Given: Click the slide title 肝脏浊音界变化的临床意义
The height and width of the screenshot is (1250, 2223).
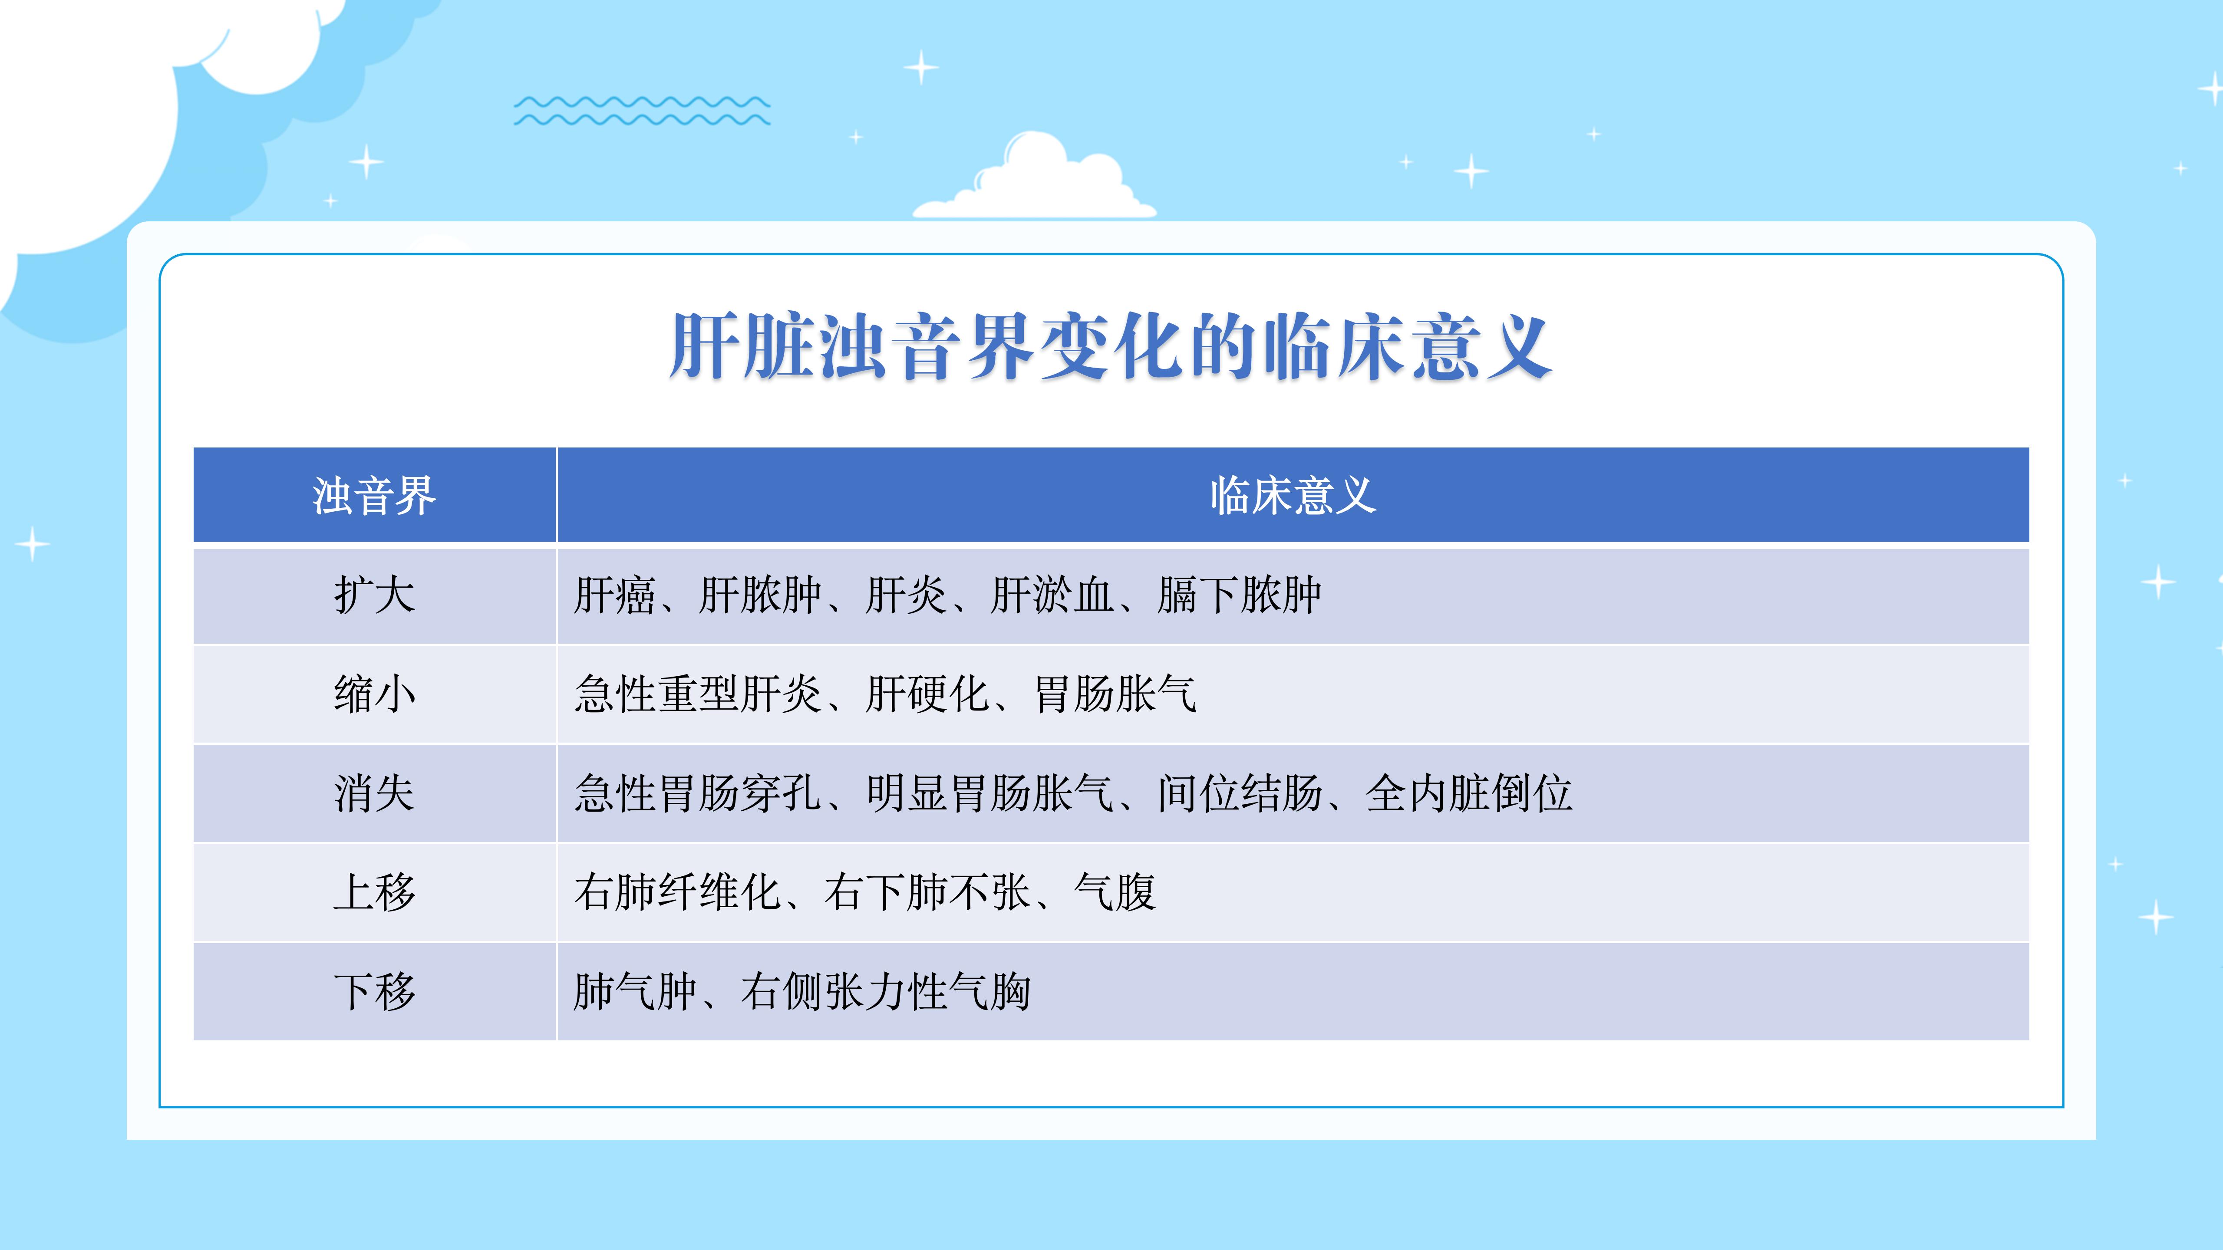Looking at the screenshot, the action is [1111, 347].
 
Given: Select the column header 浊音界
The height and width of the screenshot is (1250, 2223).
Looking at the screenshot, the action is [375, 496].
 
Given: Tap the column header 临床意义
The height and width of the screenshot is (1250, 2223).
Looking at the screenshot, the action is [1293, 496].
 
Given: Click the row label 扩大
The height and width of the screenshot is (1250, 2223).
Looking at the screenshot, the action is [375, 595].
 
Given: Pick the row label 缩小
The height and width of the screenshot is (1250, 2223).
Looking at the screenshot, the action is [375, 694].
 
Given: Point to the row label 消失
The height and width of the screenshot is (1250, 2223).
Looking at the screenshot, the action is [375, 794].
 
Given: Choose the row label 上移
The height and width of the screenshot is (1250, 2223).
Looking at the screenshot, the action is [375, 893].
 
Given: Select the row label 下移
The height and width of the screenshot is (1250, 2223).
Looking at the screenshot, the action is [375, 992].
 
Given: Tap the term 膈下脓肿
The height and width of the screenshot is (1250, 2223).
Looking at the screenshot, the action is [1239, 595].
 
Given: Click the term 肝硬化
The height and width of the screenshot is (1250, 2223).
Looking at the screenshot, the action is [928, 694].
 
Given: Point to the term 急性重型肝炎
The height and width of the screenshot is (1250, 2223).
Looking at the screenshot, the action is [698, 694].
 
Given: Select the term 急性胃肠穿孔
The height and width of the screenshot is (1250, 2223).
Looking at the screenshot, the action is [698, 794].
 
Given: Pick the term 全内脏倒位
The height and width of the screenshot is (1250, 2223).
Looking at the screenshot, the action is [1469, 794].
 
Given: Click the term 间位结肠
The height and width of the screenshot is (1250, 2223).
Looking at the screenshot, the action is [1240, 794].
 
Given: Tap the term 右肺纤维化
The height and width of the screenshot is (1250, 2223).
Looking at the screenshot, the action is [677, 893].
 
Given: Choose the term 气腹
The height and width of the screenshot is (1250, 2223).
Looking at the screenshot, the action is [1115, 893].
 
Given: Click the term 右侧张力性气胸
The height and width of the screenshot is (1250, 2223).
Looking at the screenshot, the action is [885, 992].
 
